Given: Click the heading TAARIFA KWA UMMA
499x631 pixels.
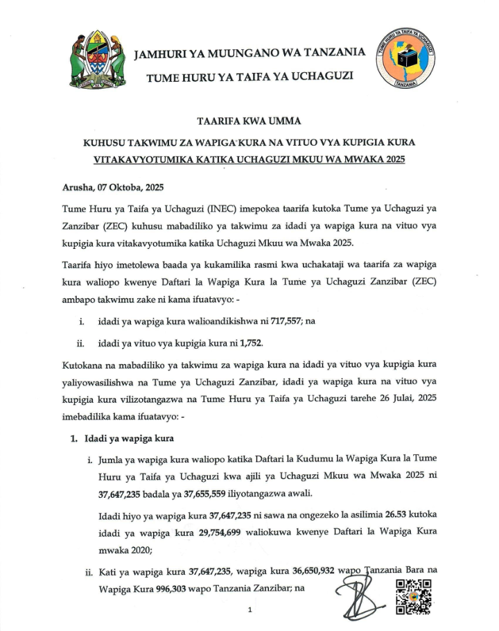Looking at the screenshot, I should click(249, 122).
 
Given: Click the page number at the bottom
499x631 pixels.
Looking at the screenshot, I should click(248, 611).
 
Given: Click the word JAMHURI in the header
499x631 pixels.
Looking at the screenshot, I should click(163, 53).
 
